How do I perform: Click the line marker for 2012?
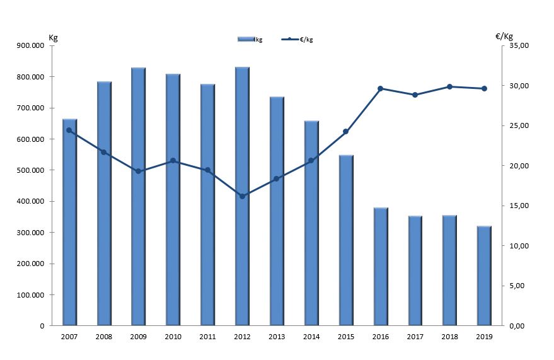pos(242,196)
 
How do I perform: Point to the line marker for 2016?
pos(380,89)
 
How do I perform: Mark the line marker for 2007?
pos(69,131)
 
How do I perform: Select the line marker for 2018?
pos(449,86)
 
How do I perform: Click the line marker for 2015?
pos(345,132)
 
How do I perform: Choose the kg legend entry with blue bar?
pos(250,39)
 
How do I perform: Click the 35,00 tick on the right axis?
pos(519,46)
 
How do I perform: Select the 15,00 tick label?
pos(519,206)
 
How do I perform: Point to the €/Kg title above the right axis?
pos(504,36)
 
